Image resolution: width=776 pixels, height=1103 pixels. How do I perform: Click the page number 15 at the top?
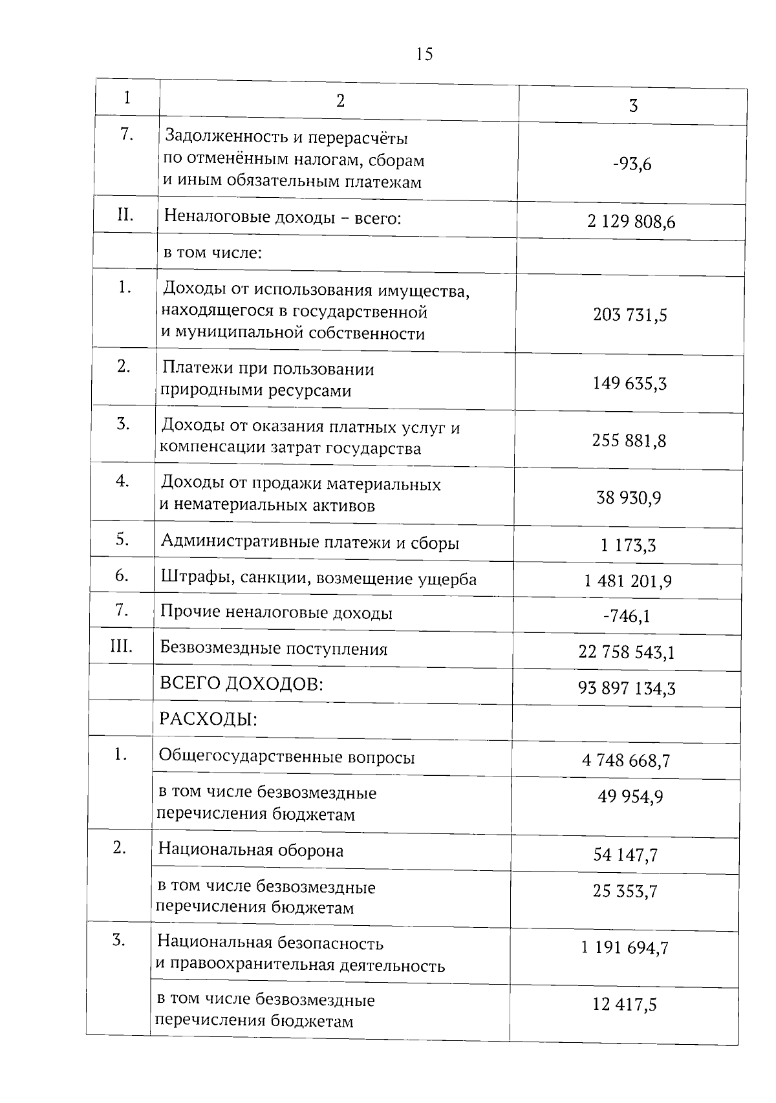point(424,54)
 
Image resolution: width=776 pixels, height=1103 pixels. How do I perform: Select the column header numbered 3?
point(633,106)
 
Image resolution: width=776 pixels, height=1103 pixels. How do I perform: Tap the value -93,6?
point(632,164)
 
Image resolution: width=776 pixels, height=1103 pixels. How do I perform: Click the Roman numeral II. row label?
point(125,215)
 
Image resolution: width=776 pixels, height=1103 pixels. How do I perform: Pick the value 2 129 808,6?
point(631,222)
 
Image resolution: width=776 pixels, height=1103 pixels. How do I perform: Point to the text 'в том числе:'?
point(212,252)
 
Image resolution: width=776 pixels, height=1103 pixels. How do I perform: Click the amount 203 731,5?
point(630,316)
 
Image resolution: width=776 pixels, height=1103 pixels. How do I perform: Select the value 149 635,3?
point(629,384)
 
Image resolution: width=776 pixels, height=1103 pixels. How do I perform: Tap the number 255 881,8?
point(629,441)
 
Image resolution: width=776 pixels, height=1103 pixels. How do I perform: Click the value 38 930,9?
point(629,498)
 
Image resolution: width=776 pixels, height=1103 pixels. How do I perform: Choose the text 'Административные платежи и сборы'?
point(310,542)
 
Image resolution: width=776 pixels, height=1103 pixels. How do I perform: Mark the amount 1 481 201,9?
point(627,581)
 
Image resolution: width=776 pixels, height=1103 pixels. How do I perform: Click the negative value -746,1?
point(626,616)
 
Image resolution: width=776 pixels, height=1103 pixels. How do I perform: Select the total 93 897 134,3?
point(627,689)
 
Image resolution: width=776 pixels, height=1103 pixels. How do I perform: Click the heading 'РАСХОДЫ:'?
point(208,719)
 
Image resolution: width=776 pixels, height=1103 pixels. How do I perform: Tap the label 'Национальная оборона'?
point(251,850)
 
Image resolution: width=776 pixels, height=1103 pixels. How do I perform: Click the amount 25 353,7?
point(625,892)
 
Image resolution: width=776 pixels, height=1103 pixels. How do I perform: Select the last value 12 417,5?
point(624,1004)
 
